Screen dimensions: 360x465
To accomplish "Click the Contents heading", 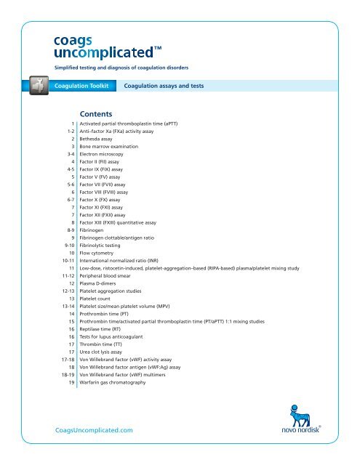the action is coord(101,114).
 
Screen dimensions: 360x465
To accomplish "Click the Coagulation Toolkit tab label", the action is coord(81,86).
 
